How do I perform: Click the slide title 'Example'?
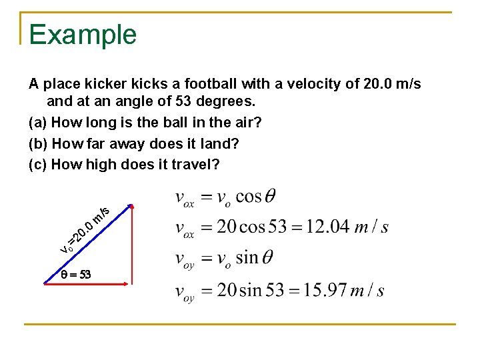tap(83, 35)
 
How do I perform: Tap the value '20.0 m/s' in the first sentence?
tap(393, 85)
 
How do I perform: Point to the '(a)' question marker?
tap(38, 123)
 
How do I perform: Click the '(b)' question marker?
tap(38, 143)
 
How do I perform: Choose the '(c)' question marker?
tap(38, 163)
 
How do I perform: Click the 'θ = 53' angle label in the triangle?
tap(75, 274)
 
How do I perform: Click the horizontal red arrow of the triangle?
tap(86, 283)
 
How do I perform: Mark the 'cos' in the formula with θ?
tap(248, 197)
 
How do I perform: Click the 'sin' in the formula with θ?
tap(245, 258)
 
